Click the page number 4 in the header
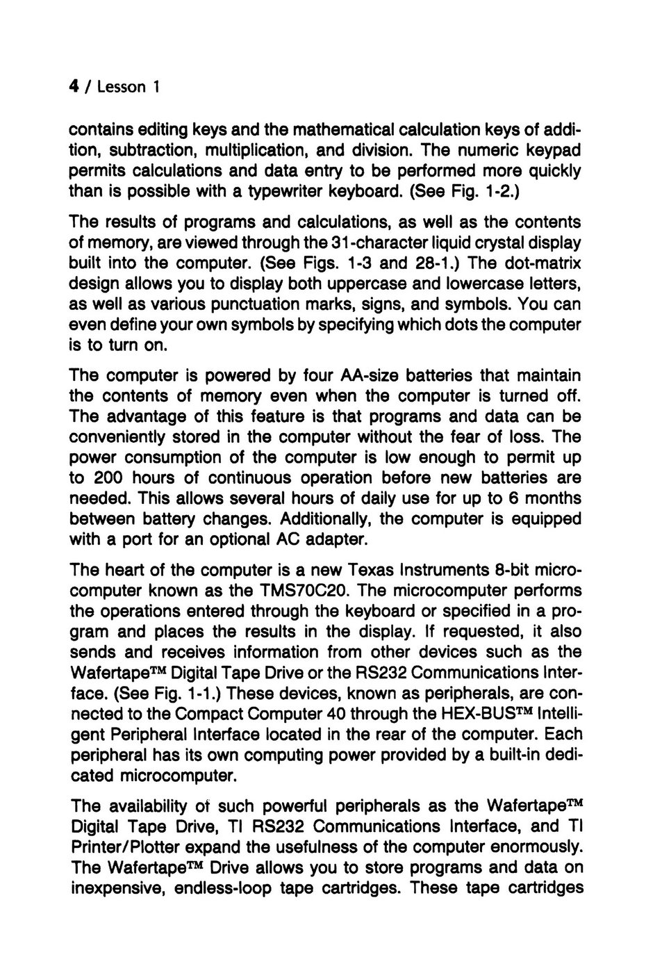click(x=72, y=87)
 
